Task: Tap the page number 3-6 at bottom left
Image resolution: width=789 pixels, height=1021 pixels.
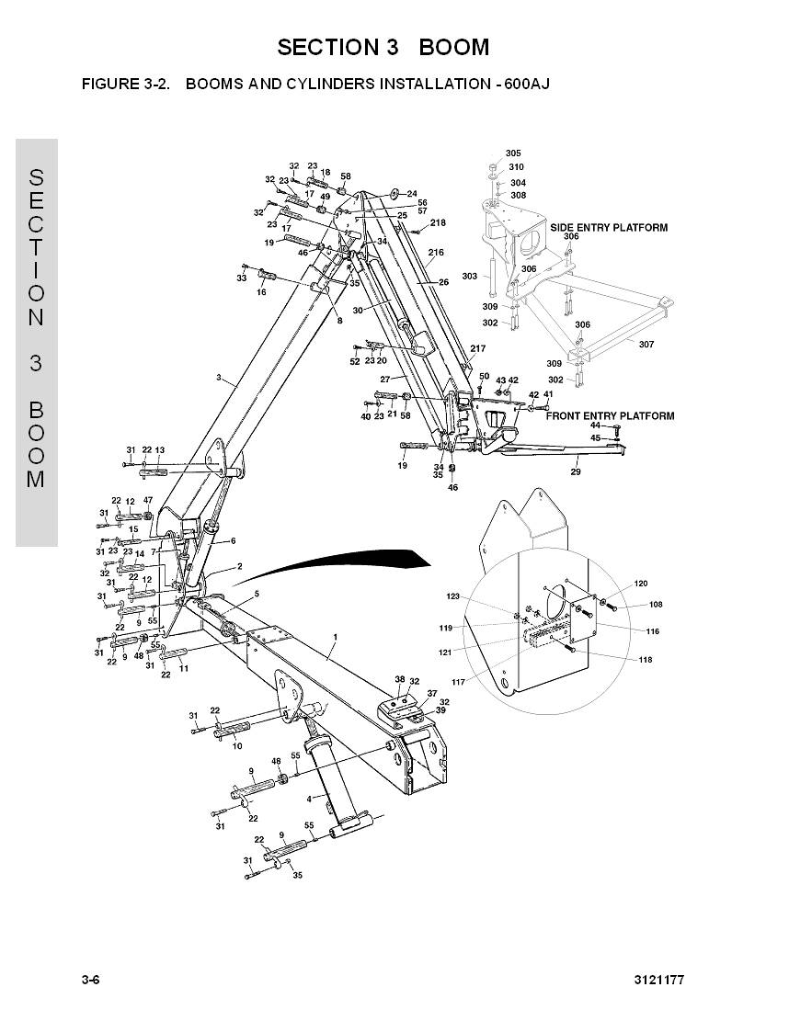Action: [90, 980]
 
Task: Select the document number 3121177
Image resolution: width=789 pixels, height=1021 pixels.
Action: [658, 980]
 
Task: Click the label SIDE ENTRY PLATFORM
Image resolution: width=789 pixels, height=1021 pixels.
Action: [609, 227]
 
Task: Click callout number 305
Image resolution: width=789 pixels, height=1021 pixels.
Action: [513, 153]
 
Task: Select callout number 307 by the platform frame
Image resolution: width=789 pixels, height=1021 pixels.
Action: [646, 344]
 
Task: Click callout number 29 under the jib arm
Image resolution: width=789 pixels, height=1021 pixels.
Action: [576, 471]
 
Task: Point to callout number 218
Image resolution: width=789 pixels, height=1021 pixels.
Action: [438, 222]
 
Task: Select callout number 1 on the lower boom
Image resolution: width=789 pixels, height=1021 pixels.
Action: [335, 636]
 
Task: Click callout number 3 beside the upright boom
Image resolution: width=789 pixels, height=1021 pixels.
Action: [218, 377]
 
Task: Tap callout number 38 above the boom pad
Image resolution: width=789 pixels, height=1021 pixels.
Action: [399, 680]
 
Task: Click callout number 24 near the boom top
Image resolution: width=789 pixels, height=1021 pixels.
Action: [412, 194]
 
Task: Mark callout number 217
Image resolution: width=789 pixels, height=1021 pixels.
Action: [478, 348]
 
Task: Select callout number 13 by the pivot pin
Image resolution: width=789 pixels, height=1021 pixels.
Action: [159, 449]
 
